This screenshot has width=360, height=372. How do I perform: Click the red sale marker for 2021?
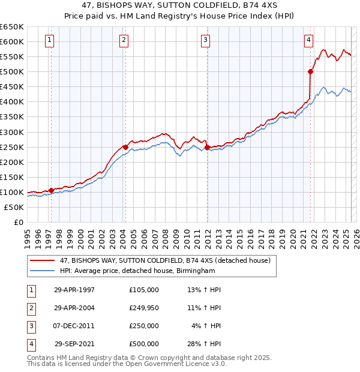coord(310,71)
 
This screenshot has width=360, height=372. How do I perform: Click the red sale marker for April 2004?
coord(125,147)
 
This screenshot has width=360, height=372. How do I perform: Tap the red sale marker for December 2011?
coord(207,147)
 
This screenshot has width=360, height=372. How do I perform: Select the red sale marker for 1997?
coord(51,190)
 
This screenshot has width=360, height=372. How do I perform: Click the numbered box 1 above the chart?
coord(49,40)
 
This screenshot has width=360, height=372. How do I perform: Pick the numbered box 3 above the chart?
coord(205,40)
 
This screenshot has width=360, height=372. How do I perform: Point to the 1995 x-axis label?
coord(28,234)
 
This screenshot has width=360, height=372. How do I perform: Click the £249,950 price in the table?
coord(144,308)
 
